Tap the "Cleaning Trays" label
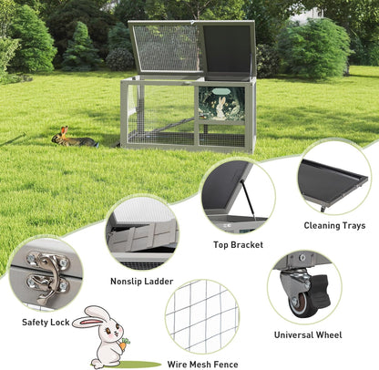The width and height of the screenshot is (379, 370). point(334,225)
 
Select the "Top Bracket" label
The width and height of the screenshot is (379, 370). point(238,244)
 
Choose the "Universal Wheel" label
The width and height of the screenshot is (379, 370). point(308,334)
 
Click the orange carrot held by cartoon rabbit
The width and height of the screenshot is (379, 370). point(123,345)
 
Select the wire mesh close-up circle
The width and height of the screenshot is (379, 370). point(201,315)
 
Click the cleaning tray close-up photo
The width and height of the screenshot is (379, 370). point(333,177)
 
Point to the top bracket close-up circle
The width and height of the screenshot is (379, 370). point(237,195)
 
